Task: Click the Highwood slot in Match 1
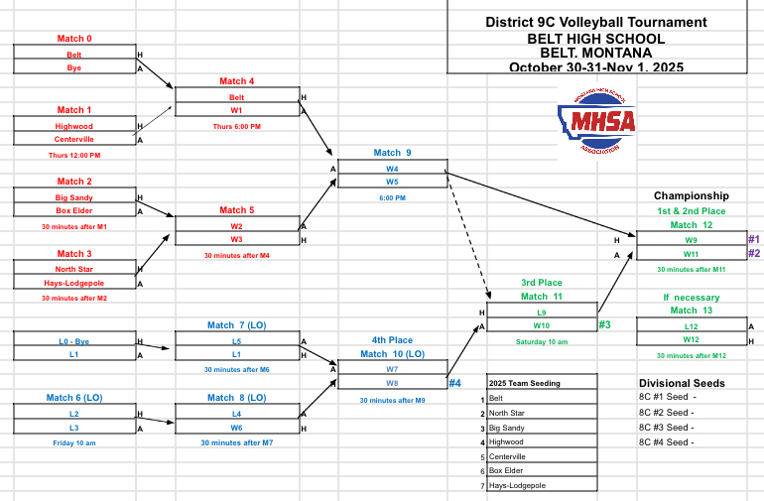74,126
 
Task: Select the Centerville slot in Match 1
74,140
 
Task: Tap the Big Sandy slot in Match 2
74,197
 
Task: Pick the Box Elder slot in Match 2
74,210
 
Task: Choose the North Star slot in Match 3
74,269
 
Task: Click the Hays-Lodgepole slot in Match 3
74,283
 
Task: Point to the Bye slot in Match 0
74,67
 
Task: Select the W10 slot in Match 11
541,325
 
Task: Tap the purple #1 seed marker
753,239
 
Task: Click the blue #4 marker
455,383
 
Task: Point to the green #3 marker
605,324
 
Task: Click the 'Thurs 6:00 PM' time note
237,127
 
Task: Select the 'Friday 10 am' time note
74,442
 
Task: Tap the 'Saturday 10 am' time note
541,341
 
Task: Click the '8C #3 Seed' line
666,427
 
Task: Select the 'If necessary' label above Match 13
692,297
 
